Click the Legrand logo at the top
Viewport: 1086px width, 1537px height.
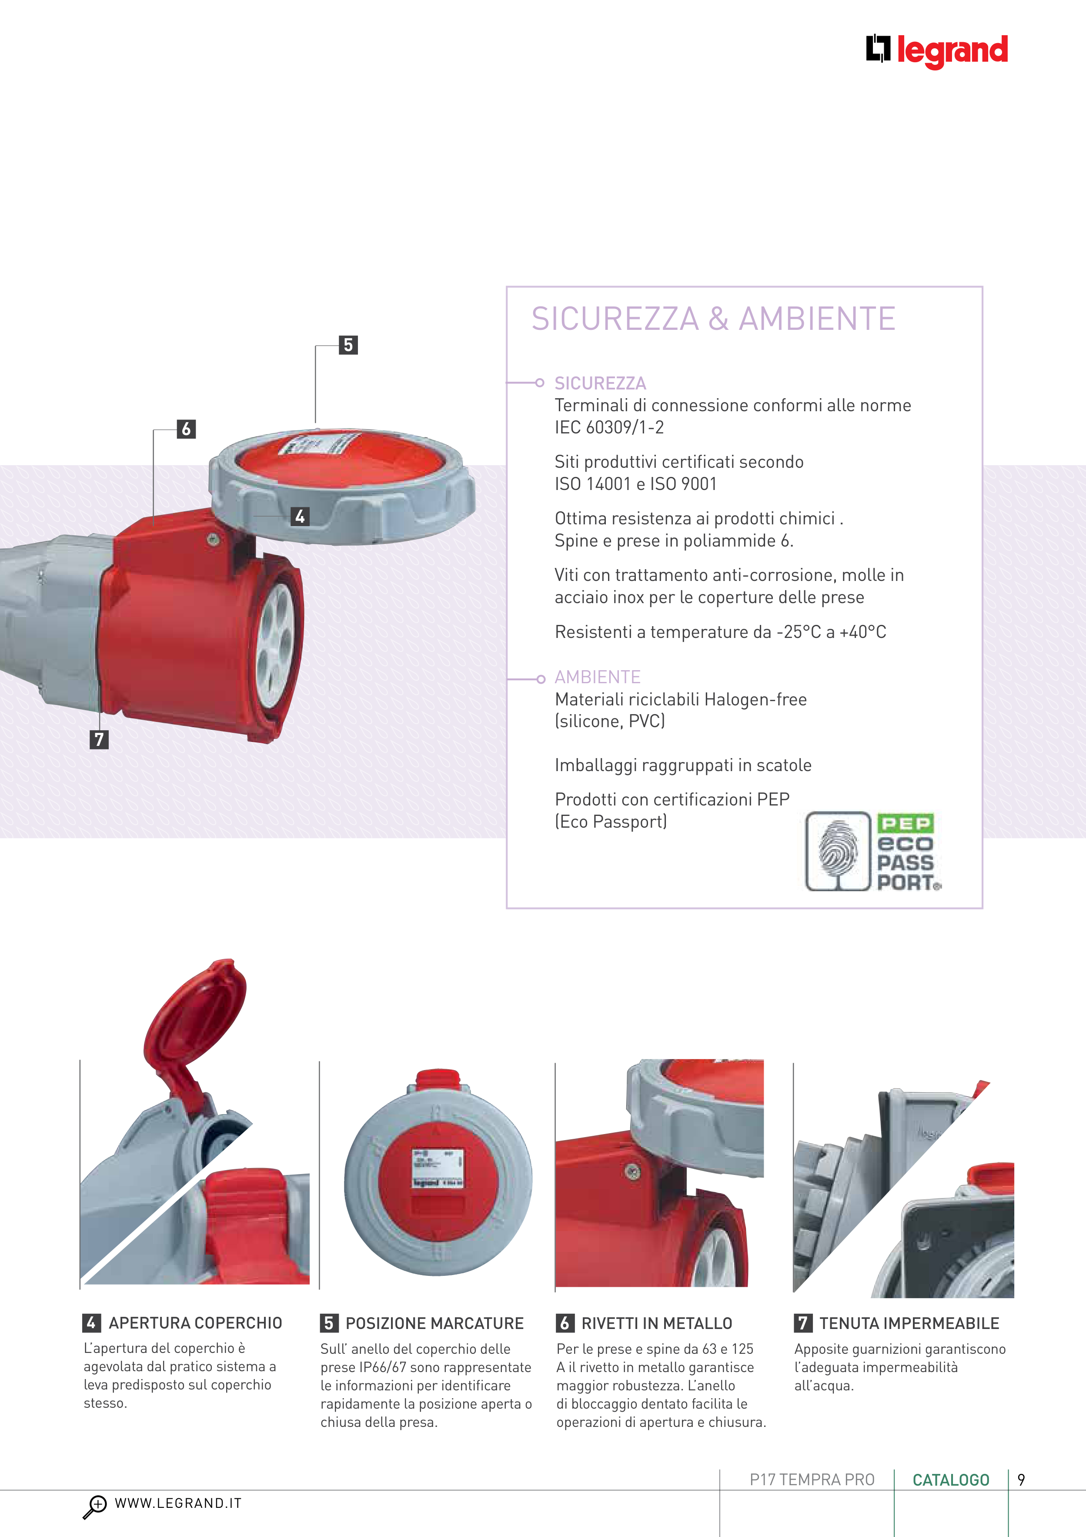click(x=937, y=50)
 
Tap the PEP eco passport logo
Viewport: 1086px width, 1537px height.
click(x=873, y=852)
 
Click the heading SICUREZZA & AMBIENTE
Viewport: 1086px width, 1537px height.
click(x=713, y=319)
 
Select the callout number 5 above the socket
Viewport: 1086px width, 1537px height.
click(x=348, y=345)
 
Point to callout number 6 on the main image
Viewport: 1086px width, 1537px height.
click(x=186, y=429)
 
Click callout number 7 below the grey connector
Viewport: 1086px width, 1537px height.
click(x=99, y=740)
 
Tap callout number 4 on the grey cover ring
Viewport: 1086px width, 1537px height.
click(x=300, y=516)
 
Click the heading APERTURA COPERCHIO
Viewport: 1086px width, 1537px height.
click(x=195, y=1323)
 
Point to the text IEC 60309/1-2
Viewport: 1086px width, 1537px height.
click(x=609, y=427)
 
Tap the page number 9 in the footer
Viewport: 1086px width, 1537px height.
click(x=1021, y=1480)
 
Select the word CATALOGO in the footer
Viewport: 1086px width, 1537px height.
click(x=951, y=1480)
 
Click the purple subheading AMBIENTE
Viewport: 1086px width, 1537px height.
click(x=598, y=677)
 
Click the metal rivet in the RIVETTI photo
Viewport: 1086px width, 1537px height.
click(x=632, y=1171)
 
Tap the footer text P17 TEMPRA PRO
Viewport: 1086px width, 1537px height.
click(x=812, y=1480)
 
